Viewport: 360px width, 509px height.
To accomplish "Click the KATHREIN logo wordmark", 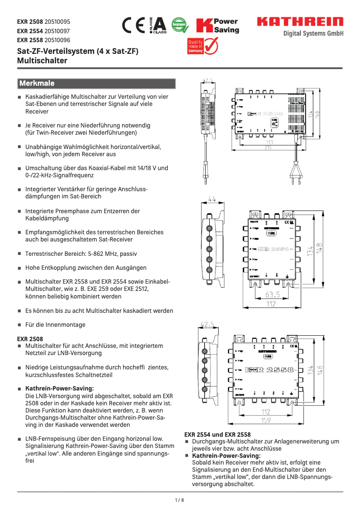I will coord(300,22).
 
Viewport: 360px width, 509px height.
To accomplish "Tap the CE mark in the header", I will coord(133,26).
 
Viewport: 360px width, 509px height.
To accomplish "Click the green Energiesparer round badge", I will coord(180,26).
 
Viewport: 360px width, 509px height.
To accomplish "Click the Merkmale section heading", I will coord(37,83).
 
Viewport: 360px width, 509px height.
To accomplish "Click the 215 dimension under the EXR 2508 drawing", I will coord(268,147).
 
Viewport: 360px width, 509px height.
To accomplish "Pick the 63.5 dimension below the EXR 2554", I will coord(272,295).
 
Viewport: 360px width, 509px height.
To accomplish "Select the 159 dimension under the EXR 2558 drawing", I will coord(266,420).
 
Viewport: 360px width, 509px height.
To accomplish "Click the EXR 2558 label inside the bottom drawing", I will coord(269,370).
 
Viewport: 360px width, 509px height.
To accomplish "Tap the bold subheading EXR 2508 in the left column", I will coord(30,339).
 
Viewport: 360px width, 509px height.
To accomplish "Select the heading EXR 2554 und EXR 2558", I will coord(218,434).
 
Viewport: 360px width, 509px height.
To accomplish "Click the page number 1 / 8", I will coord(180,500).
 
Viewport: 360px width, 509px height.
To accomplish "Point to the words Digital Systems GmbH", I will coord(313,34).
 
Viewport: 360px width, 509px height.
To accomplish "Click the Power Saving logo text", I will coord(226,26).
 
